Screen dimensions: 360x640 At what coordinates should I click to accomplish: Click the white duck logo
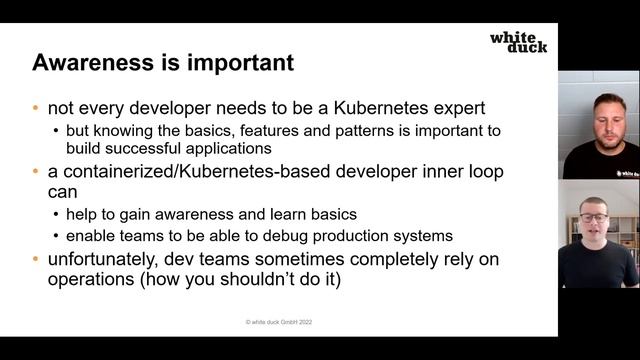(x=518, y=42)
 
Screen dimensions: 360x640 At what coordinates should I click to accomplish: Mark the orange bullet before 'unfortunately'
(x=38, y=259)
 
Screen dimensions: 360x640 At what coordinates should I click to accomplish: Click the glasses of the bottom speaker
(x=594, y=217)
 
